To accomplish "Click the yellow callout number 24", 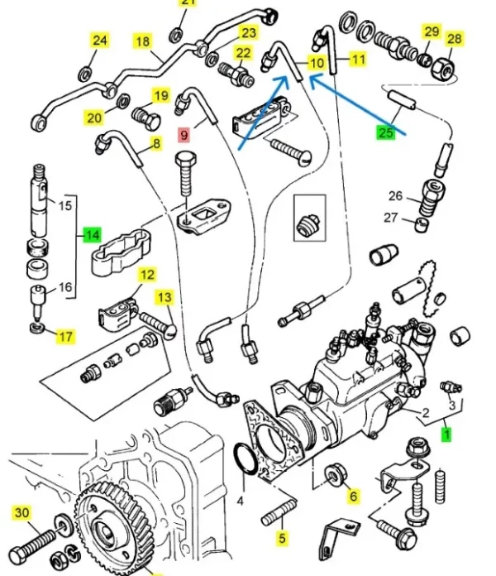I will click(99, 40).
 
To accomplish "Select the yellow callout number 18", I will click(142, 41).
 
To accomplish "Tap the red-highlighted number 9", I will click(184, 132).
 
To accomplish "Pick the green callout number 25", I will click(385, 132).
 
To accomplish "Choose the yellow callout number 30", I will click(22, 513).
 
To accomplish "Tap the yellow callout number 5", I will click(283, 540).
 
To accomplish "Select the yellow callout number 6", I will click(353, 497).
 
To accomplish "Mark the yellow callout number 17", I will click(64, 336).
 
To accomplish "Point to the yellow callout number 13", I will click(165, 296).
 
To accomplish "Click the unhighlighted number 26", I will click(395, 196).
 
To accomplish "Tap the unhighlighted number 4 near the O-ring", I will click(241, 502).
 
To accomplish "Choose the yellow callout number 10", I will click(317, 62).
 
